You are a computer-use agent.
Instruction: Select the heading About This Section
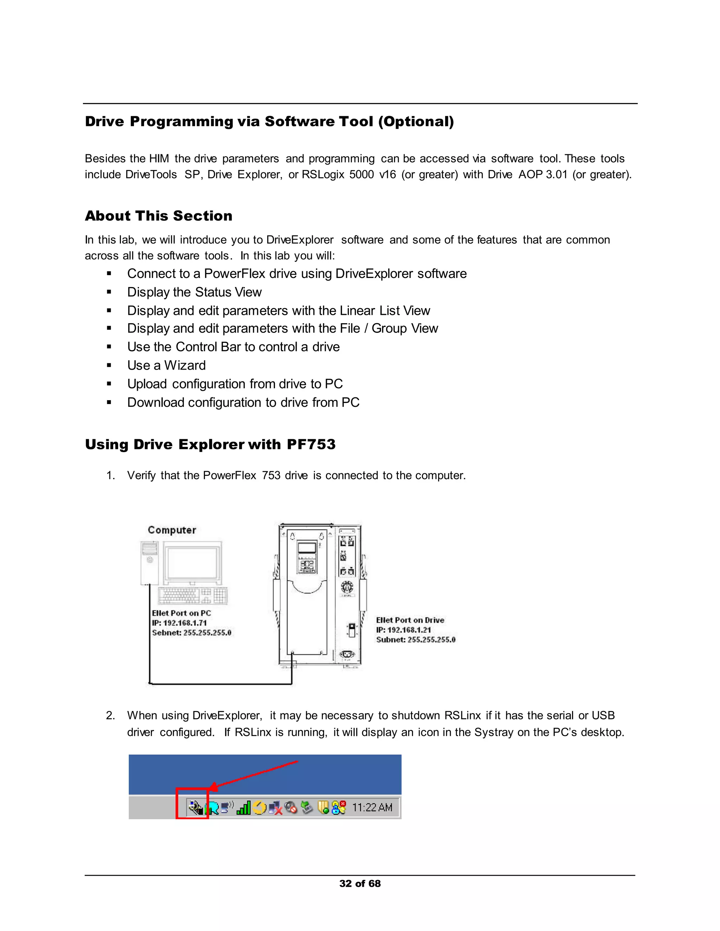[x=158, y=216]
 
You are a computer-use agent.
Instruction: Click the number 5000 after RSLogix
[x=361, y=175]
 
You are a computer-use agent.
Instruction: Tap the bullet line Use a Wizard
[x=166, y=365]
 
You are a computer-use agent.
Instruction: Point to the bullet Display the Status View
[x=194, y=292]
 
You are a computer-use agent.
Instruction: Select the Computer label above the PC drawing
[x=172, y=530]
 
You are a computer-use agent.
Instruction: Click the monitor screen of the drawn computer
[x=193, y=562]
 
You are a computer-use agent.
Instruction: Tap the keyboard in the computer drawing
[x=192, y=595]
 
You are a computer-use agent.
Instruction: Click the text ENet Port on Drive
[x=410, y=620]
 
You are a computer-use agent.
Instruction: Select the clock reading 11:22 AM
[x=372, y=807]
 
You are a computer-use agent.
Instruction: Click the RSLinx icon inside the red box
[x=196, y=807]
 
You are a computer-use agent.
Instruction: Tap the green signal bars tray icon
[x=244, y=807]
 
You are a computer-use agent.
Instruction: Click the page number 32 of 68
[x=360, y=883]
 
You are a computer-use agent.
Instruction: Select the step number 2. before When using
[x=110, y=715]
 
